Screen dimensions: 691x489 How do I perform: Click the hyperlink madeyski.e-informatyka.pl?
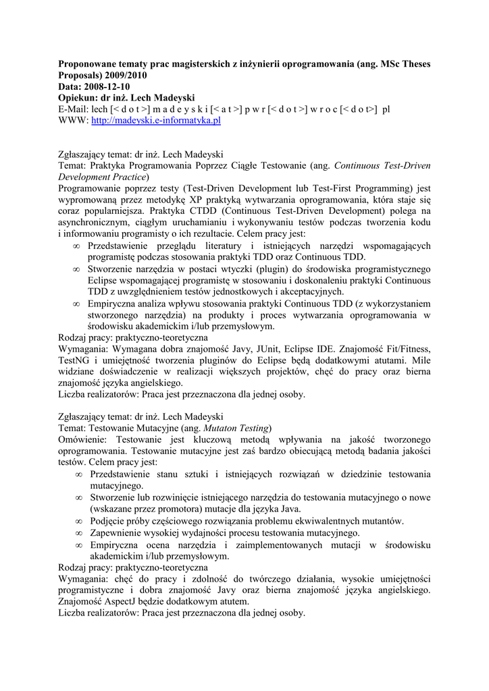[x=156, y=120]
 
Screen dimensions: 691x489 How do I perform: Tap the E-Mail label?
[x=73, y=109]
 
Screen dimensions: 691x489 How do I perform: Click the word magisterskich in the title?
[x=195, y=63]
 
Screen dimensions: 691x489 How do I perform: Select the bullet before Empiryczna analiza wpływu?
[x=77, y=304]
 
